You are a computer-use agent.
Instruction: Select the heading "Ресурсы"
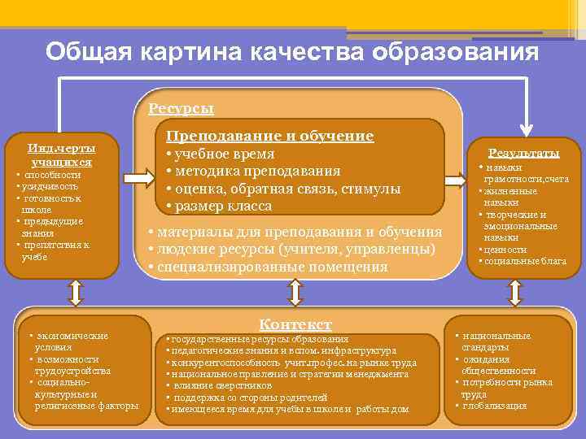click(x=181, y=109)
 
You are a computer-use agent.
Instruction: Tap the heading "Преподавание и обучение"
click(x=269, y=136)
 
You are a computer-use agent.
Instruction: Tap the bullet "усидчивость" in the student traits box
click(x=49, y=186)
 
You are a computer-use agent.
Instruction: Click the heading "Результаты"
click(x=523, y=153)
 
